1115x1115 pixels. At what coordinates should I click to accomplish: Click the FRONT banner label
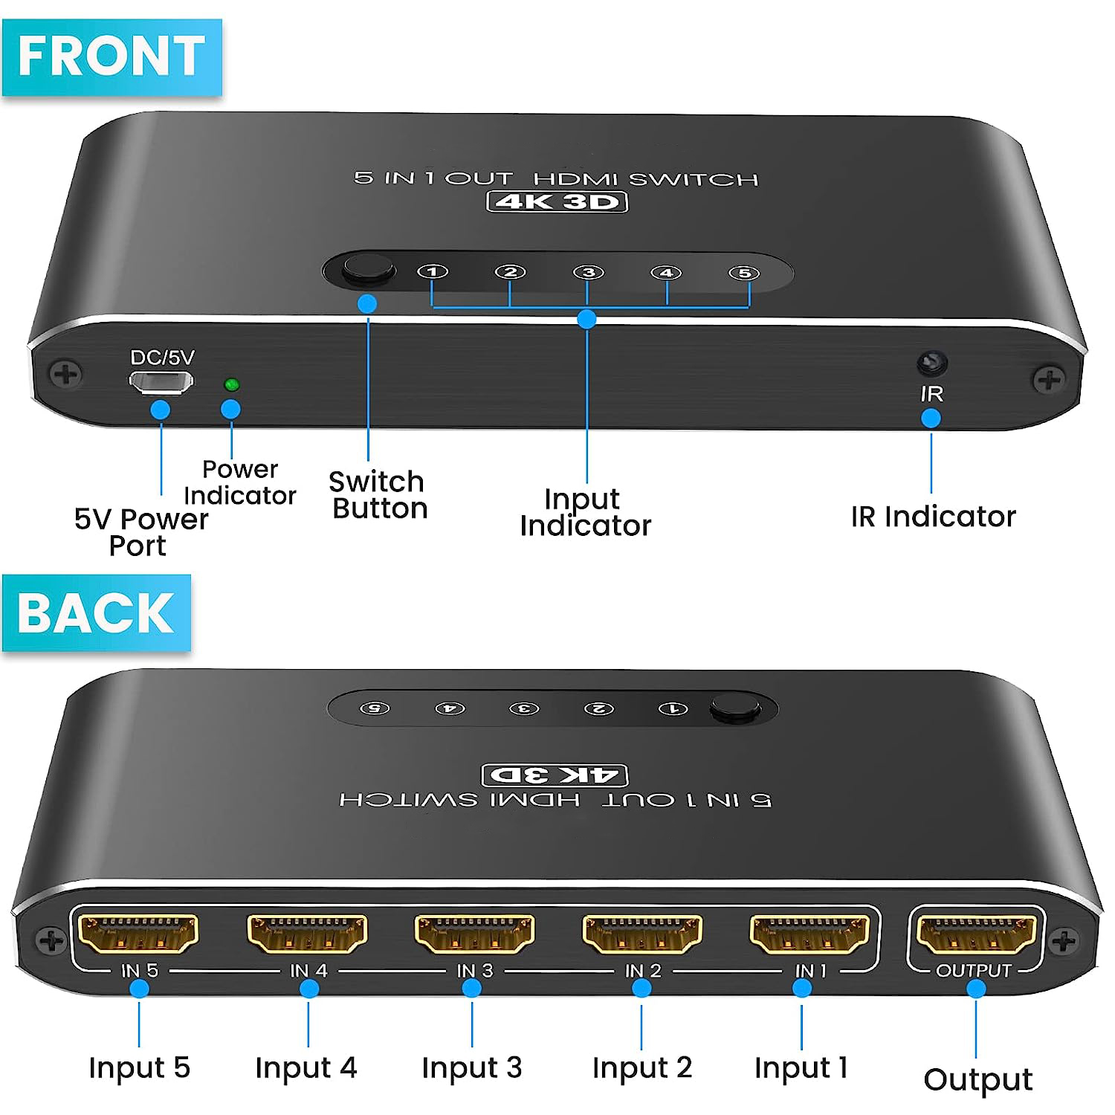(x=112, y=57)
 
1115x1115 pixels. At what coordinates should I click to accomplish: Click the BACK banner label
(x=97, y=613)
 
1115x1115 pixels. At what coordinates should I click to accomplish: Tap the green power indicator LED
(x=231, y=384)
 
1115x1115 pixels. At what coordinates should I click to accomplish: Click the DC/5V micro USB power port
(x=161, y=383)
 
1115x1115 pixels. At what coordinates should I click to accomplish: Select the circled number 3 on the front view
(x=588, y=272)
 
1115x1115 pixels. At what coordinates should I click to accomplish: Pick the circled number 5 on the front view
(x=744, y=273)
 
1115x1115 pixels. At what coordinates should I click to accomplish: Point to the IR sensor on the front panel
(x=932, y=363)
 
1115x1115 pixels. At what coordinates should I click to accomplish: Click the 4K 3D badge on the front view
(x=557, y=201)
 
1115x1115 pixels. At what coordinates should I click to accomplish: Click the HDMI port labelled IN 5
(x=138, y=934)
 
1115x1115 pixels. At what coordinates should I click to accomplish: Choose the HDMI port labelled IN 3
(x=474, y=934)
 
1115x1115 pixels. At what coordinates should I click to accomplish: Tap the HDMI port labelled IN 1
(x=809, y=934)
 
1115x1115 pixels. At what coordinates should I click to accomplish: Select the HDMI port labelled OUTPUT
(x=976, y=934)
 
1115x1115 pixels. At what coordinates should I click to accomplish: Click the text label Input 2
(x=642, y=1068)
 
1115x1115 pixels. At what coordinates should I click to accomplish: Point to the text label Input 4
(x=306, y=1068)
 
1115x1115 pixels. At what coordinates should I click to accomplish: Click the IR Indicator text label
(x=934, y=516)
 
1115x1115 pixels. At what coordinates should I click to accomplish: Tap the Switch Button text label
(x=378, y=495)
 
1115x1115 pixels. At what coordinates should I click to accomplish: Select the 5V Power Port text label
(x=141, y=532)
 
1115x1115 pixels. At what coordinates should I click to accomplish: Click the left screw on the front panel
(x=65, y=373)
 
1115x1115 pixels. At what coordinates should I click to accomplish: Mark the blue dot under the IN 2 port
(x=641, y=988)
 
